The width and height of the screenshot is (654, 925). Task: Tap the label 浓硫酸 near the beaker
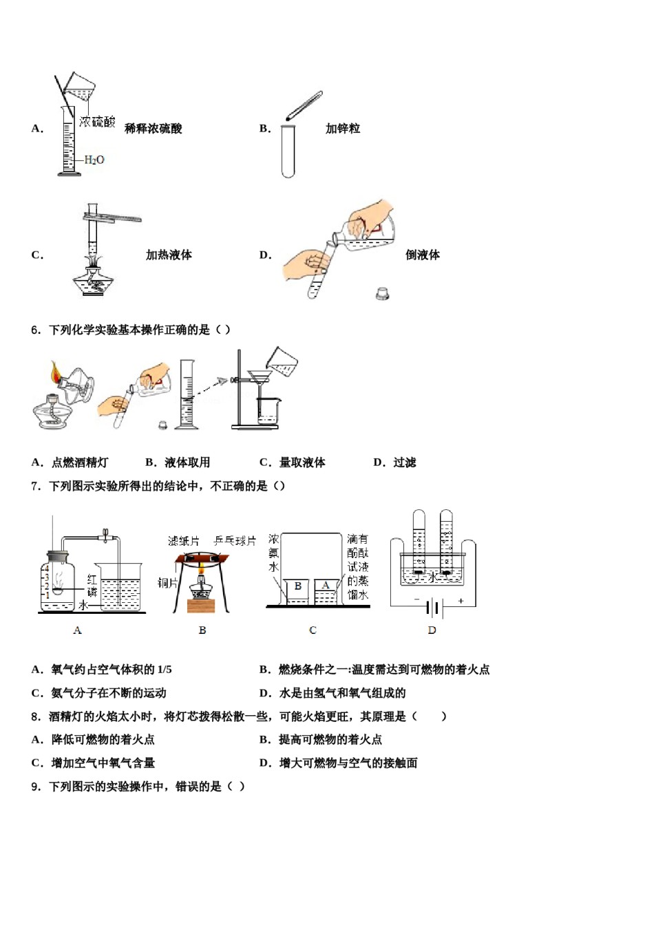pyautogui.click(x=97, y=123)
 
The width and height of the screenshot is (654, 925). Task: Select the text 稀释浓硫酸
pyautogui.click(x=153, y=129)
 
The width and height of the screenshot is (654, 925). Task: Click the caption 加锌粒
pyautogui.click(x=343, y=129)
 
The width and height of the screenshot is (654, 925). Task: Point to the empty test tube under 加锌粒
pyautogui.click(x=288, y=151)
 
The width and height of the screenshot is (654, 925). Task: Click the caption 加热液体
pyautogui.click(x=169, y=255)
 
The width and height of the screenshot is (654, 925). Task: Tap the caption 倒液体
pyautogui.click(x=423, y=255)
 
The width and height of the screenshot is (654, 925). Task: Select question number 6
pyautogui.click(x=36, y=330)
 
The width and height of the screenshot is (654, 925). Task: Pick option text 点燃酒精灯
pyautogui.click(x=80, y=463)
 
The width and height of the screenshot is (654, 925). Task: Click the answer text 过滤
pyautogui.click(x=405, y=463)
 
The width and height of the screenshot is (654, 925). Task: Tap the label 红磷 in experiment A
pyautogui.click(x=92, y=586)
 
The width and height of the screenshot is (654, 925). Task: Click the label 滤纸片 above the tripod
pyautogui.click(x=184, y=542)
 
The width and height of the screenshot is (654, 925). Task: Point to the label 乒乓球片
pyautogui.click(x=235, y=542)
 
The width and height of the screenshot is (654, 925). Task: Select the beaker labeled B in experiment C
pyautogui.click(x=297, y=591)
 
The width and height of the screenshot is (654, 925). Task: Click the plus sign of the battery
pyautogui.click(x=461, y=601)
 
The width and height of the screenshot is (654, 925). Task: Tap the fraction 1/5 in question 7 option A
pyautogui.click(x=165, y=670)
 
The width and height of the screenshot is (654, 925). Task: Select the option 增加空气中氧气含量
pyautogui.click(x=103, y=763)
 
